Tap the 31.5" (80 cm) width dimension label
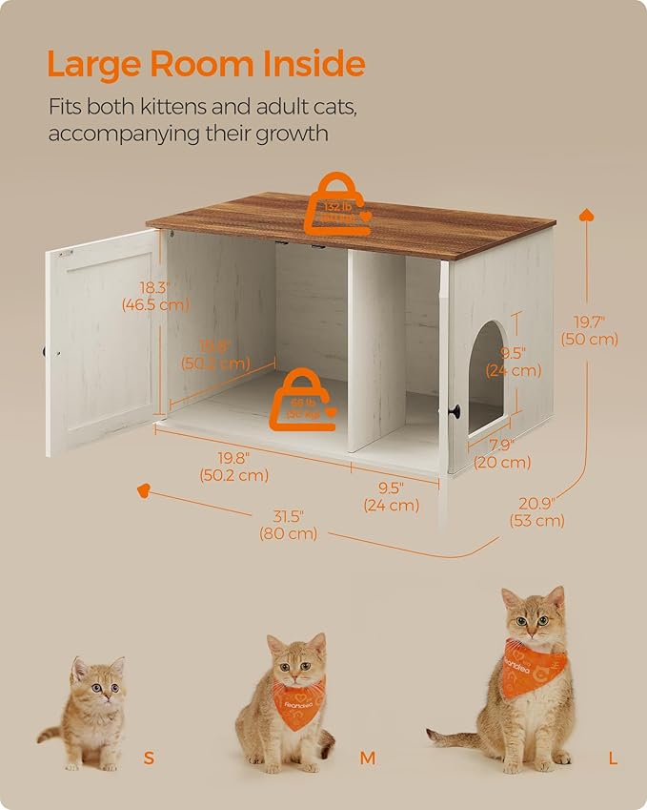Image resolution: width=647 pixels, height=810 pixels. point(287,525)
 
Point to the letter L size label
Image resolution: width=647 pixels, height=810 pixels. point(614,759)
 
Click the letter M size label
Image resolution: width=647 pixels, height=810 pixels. point(368,759)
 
